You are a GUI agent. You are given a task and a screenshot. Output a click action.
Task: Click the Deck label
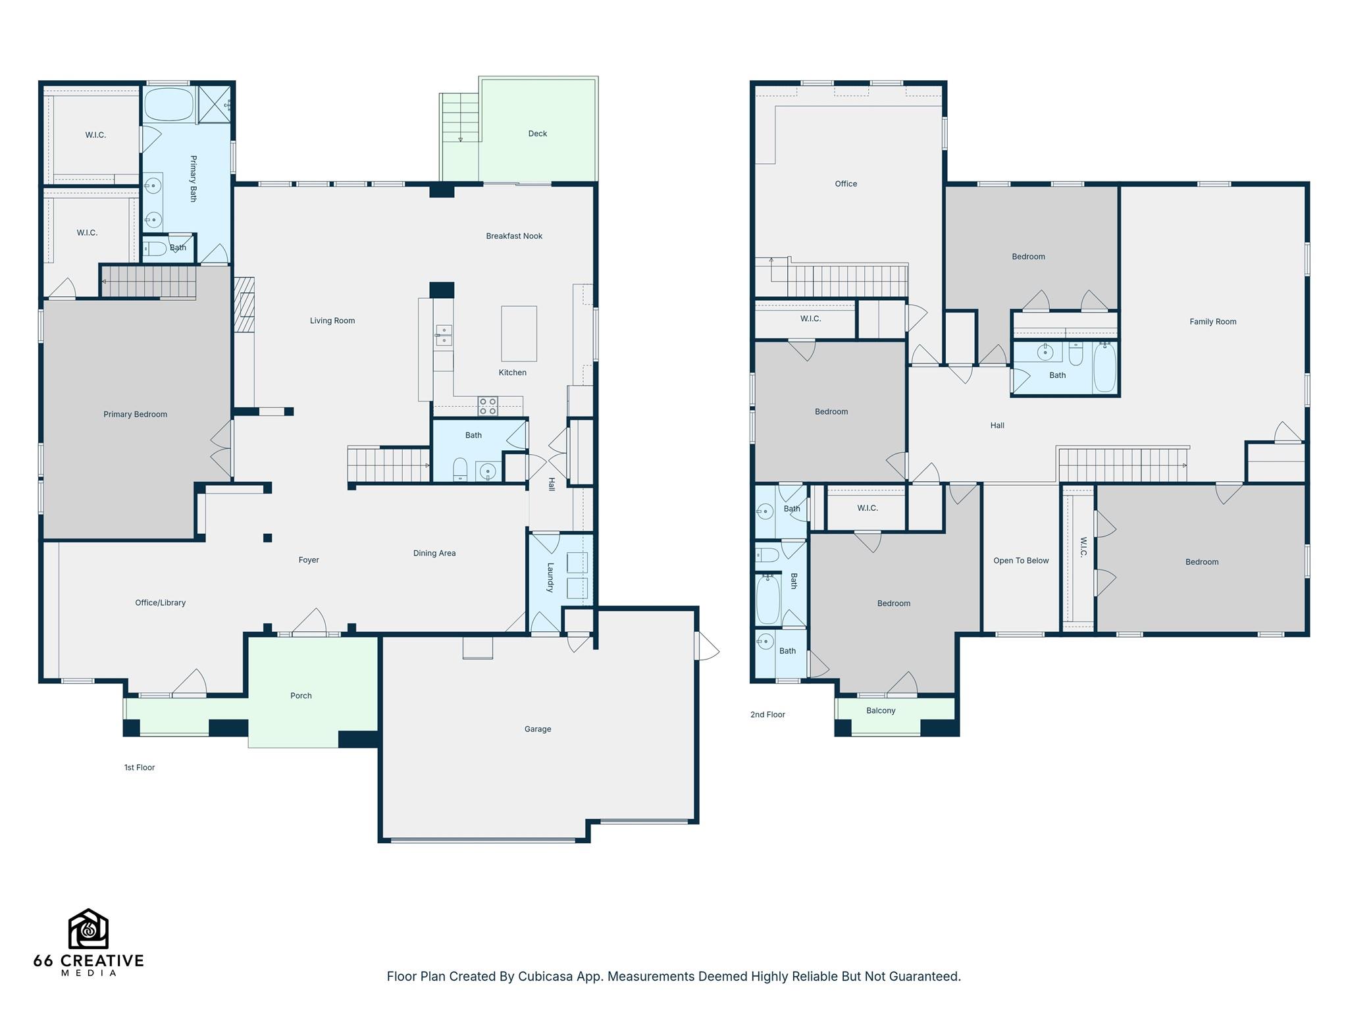pyautogui.click(x=537, y=134)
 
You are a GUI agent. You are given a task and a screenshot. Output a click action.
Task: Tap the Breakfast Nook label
pyautogui.click(x=514, y=236)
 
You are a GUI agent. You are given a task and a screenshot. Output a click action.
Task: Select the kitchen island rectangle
pyautogui.click(x=519, y=334)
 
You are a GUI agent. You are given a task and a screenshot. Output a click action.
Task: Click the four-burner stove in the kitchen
pyautogui.click(x=488, y=406)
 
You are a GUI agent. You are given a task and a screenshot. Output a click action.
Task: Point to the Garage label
pyautogui.click(x=538, y=729)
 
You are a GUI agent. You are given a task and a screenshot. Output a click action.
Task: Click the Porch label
pyautogui.click(x=301, y=696)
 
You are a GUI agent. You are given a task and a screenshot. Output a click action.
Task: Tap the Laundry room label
pyautogui.click(x=551, y=577)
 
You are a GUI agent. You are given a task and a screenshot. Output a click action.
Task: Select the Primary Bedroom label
pyautogui.click(x=135, y=415)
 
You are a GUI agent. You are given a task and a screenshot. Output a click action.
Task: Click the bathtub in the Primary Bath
pyautogui.click(x=168, y=105)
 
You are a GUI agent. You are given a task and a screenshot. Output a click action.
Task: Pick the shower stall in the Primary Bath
pyautogui.click(x=215, y=104)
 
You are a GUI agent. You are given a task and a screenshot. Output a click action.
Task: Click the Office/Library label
pyautogui.click(x=160, y=603)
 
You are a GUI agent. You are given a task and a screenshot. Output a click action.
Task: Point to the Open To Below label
pyautogui.click(x=1021, y=561)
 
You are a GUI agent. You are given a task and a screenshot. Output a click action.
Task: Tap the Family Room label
pyautogui.click(x=1212, y=322)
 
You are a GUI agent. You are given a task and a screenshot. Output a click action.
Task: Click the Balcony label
pyautogui.click(x=881, y=711)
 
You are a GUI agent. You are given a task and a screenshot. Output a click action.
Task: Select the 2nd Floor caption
pyautogui.click(x=767, y=715)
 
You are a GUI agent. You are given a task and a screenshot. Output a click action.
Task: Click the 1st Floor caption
pyautogui.click(x=140, y=767)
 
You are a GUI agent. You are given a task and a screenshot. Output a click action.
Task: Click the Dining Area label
pyautogui.click(x=434, y=554)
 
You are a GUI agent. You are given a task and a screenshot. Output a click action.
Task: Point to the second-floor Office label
pyautogui.click(x=846, y=184)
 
